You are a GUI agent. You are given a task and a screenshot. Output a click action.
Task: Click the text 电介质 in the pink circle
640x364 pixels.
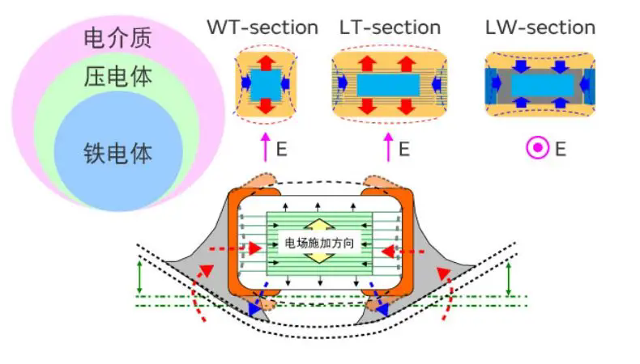117,37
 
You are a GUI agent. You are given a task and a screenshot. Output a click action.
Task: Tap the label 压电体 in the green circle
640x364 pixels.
117,78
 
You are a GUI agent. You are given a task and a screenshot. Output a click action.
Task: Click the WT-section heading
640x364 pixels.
262,27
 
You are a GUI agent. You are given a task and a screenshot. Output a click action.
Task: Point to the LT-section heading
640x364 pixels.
390,27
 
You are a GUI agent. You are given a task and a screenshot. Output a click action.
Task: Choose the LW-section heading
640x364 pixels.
539,27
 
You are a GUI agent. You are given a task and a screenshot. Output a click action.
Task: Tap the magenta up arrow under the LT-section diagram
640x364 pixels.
388,148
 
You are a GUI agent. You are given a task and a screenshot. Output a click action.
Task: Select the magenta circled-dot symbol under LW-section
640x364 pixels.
536,148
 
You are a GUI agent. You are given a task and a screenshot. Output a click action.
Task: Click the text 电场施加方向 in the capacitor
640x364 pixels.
319,242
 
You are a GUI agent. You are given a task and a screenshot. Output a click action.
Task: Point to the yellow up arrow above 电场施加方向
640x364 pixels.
319,225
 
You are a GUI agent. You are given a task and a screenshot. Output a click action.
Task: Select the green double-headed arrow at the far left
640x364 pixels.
139,277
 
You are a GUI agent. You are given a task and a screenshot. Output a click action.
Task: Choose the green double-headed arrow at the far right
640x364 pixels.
508,277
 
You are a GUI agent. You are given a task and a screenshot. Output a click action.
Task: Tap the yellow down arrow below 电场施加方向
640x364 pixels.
319,258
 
